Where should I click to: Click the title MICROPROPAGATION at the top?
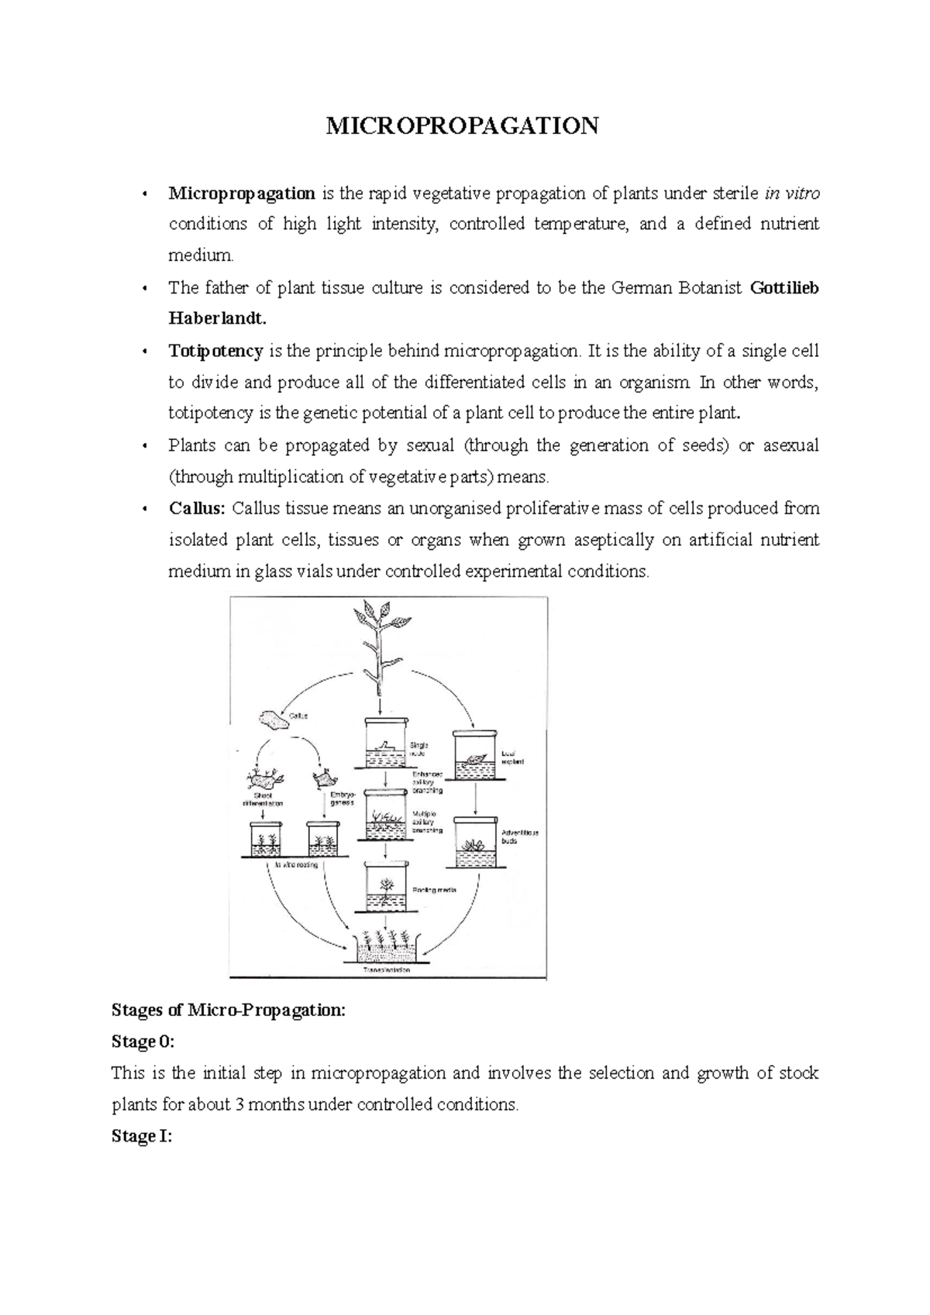(x=462, y=125)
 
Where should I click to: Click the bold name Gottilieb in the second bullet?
(x=784, y=288)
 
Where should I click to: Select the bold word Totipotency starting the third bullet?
(x=216, y=351)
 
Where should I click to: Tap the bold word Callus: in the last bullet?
(x=197, y=509)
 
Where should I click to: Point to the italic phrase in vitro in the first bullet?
(x=791, y=194)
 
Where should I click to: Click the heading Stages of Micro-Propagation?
(x=229, y=1010)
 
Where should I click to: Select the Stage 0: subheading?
(x=143, y=1042)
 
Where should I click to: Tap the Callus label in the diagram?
(x=298, y=716)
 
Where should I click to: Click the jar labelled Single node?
(x=386, y=743)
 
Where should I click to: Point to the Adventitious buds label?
(x=519, y=836)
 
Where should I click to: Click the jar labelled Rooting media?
(x=386, y=888)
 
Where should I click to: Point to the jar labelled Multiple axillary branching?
(x=386, y=816)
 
